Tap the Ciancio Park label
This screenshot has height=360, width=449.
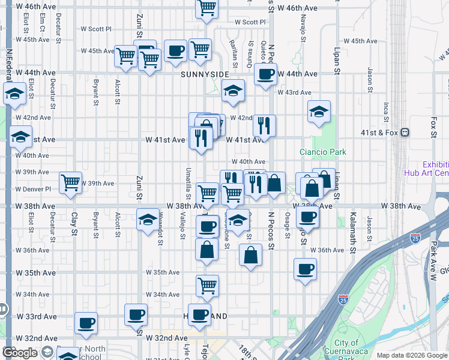click(324, 152)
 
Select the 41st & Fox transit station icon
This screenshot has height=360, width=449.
click(405, 132)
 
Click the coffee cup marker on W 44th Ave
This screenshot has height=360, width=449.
click(265, 74)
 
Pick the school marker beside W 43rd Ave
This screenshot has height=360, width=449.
click(233, 91)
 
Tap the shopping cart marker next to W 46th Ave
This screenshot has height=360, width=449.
click(206, 7)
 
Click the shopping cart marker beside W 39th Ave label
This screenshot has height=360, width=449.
click(71, 182)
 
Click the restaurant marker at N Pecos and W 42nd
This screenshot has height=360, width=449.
click(264, 125)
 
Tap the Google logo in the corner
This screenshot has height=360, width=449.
click(20, 353)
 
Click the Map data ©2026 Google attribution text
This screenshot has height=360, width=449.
click(411, 355)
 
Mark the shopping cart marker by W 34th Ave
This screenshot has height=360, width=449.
click(207, 286)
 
